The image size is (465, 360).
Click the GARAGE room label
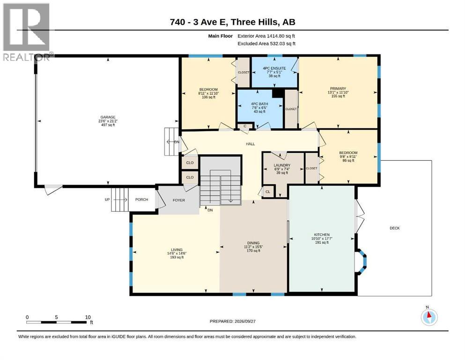click(108, 117)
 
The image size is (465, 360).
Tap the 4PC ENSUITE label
click(274, 68)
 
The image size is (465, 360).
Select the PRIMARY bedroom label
click(338, 89)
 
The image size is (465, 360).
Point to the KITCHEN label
click(322, 234)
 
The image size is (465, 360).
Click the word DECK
click(394, 228)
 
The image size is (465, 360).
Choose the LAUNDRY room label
click(282, 165)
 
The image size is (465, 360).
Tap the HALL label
click(250, 144)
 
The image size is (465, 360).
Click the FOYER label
click(179, 200)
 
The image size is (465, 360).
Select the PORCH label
click(141, 199)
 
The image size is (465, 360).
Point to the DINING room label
click(253, 243)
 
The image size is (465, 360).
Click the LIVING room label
click(177, 249)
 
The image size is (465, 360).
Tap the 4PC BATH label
click(259, 104)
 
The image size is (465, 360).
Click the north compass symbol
click(429, 316)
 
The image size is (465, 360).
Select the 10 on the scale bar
click(88, 317)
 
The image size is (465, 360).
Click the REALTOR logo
click(26, 32)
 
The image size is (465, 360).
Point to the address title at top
click(232, 22)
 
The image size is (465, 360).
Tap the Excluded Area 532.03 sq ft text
click(266, 44)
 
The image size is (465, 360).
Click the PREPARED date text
click(232, 321)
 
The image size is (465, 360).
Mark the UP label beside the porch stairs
click(107, 199)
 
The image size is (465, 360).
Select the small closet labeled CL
click(268, 192)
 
